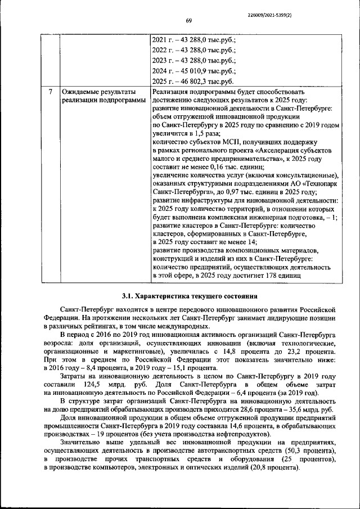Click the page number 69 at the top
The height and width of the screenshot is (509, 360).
click(190, 21)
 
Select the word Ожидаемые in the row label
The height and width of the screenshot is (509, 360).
click(83, 92)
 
